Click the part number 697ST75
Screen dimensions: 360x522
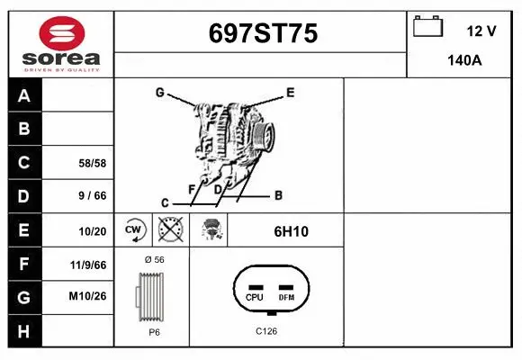pyautogui.click(x=262, y=33)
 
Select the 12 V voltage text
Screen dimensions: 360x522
pyautogui.click(x=481, y=31)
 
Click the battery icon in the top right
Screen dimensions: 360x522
pyautogui.click(x=427, y=27)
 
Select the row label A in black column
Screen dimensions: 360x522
pyautogui.click(x=24, y=96)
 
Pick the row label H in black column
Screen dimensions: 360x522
pyautogui.click(x=24, y=331)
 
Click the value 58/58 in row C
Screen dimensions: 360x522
pyautogui.click(x=94, y=163)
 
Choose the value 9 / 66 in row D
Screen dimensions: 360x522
pyautogui.click(x=94, y=196)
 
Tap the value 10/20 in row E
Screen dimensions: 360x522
pyautogui.click(x=94, y=231)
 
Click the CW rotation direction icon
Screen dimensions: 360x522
pyautogui.click(x=134, y=229)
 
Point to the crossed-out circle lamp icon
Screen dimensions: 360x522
pyautogui.click(x=170, y=229)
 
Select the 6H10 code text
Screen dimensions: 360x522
pyautogui.click(x=291, y=231)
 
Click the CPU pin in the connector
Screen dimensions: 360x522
pyautogui.click(x=255, y=297)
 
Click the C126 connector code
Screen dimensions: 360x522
pyautogui.click(x=265, y=331)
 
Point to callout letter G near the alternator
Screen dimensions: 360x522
pyautogui.click(x=158, y=92)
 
